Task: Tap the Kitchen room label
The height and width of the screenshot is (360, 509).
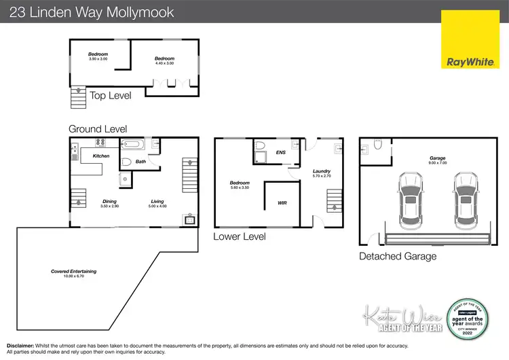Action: (101, 156)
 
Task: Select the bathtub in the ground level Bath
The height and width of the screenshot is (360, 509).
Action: (132, 144)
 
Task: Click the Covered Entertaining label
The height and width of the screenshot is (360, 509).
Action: (73, 272)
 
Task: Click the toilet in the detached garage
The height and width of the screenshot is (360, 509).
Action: (378, 145)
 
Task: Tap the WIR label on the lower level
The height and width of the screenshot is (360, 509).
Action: (282, 203)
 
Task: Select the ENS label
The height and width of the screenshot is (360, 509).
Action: (281, 153)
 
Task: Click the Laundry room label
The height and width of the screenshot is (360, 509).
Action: (321, 171)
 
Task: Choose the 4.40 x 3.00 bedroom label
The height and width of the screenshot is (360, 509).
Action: (164, 59)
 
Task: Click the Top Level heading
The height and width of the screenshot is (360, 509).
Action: (111, 96)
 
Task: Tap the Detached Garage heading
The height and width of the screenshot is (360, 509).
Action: (398, 256)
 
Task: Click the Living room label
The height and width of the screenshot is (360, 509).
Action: (157, 202)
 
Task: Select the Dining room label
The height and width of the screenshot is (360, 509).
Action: (109, 202)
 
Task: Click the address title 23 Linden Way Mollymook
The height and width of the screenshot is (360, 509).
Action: (92, 12)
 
